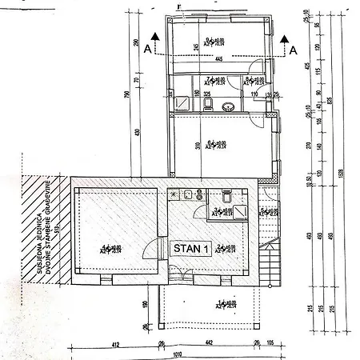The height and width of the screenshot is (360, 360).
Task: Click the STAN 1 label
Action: pyautogui.click(x=192, y=248)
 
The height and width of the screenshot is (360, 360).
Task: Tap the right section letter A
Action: pyautogui.click(x=294, y=50)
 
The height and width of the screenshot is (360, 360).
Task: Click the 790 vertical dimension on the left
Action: pyautogui.click(x=127, y=96)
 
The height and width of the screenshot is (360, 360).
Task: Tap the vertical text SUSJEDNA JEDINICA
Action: pyautogui.click(x=40, y=240)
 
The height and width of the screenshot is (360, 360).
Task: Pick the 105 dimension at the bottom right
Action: pyautogui.click(x=273, y=344)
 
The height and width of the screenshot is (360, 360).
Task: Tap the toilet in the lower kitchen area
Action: pyautogui.click(x=226, y=195)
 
